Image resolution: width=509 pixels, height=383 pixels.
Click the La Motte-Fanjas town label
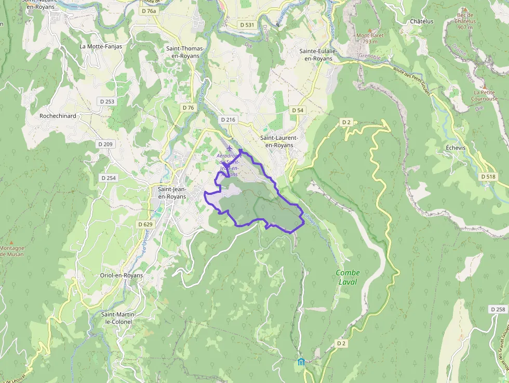[101, 46]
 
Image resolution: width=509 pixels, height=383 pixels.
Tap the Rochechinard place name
[58, 116]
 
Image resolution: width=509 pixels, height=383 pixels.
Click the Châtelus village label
[421, 21]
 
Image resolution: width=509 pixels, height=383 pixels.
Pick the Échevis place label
[456, 148]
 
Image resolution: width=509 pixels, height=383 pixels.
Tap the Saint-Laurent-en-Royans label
[279, 141]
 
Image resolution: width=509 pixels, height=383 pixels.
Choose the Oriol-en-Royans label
[122, 275]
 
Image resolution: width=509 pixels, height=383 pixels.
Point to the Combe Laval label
[347, 277]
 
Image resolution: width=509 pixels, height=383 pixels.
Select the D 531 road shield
[247, 25]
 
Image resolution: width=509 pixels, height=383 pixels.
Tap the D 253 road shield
[106, 101]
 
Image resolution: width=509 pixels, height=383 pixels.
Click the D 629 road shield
[145, 224]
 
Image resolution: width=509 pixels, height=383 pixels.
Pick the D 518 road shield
[488, 177]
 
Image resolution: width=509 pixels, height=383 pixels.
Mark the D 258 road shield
[498, 309]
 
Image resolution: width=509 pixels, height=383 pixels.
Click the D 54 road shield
[297, 110]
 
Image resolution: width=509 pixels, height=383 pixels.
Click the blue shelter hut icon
[301, 361]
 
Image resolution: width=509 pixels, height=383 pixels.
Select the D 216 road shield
[228, 120]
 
